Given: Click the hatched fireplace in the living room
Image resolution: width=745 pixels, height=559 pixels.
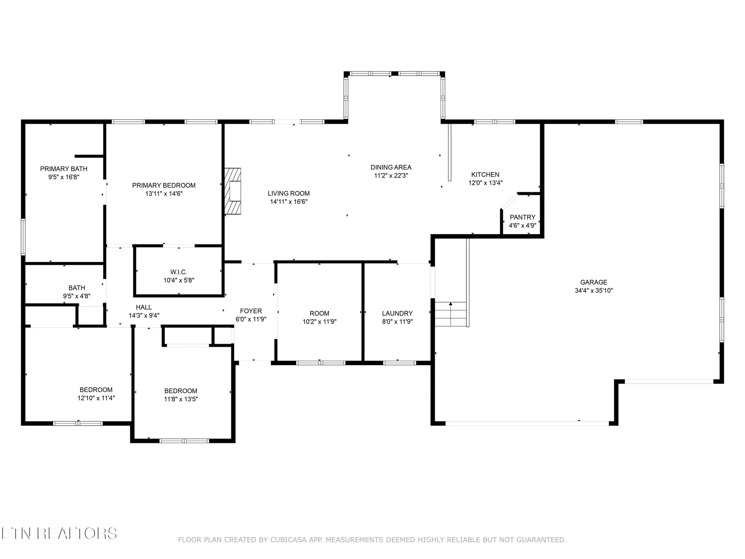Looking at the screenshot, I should click(232, 191).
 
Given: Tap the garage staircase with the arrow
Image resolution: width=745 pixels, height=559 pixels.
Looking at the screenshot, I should click(451, 314).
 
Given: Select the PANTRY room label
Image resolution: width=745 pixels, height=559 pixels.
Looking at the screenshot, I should click(522, 217).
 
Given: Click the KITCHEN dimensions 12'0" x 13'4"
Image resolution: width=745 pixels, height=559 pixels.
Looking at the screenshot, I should click(485, 183).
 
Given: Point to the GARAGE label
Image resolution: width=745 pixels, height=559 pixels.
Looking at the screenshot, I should click(593, 282).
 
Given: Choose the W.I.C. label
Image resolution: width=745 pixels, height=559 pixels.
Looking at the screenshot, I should click(179, 272).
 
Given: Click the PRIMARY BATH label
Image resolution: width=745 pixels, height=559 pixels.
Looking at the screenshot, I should click(64, 169).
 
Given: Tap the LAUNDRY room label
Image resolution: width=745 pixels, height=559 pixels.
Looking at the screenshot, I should click(397, 313).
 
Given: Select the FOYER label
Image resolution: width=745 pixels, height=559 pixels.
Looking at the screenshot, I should click(251, 311).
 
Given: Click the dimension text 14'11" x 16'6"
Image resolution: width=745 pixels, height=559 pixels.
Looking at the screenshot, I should click(288, 202).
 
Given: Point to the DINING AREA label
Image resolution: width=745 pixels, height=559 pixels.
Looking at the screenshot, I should click(391, 167).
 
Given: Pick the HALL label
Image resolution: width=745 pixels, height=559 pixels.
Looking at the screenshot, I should click(144, 307).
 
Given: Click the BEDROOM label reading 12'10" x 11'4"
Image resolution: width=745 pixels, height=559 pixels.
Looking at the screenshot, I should click(96, 390).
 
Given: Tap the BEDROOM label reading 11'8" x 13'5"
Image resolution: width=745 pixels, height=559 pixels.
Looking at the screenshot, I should click(181, 391).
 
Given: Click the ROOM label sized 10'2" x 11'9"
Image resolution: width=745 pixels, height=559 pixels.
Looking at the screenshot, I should click(319, 313).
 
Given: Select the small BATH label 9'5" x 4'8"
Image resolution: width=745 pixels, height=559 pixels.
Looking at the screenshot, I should click(77, 288).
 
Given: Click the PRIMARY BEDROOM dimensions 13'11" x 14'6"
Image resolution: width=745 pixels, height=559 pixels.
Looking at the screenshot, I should click(164, 194).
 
